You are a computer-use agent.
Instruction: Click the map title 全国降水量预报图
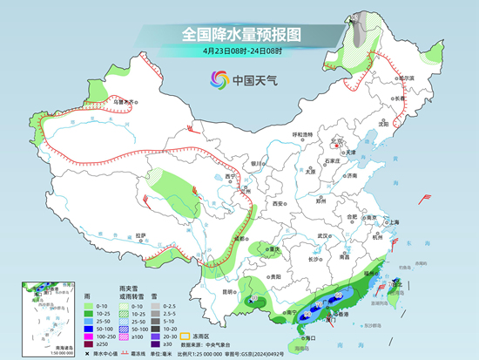tap(239, 34)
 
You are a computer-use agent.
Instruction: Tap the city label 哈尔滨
tap(403, 78)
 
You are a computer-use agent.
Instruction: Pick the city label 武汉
tap(326, 235)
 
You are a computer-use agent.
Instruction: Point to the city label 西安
tap(278, 203)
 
